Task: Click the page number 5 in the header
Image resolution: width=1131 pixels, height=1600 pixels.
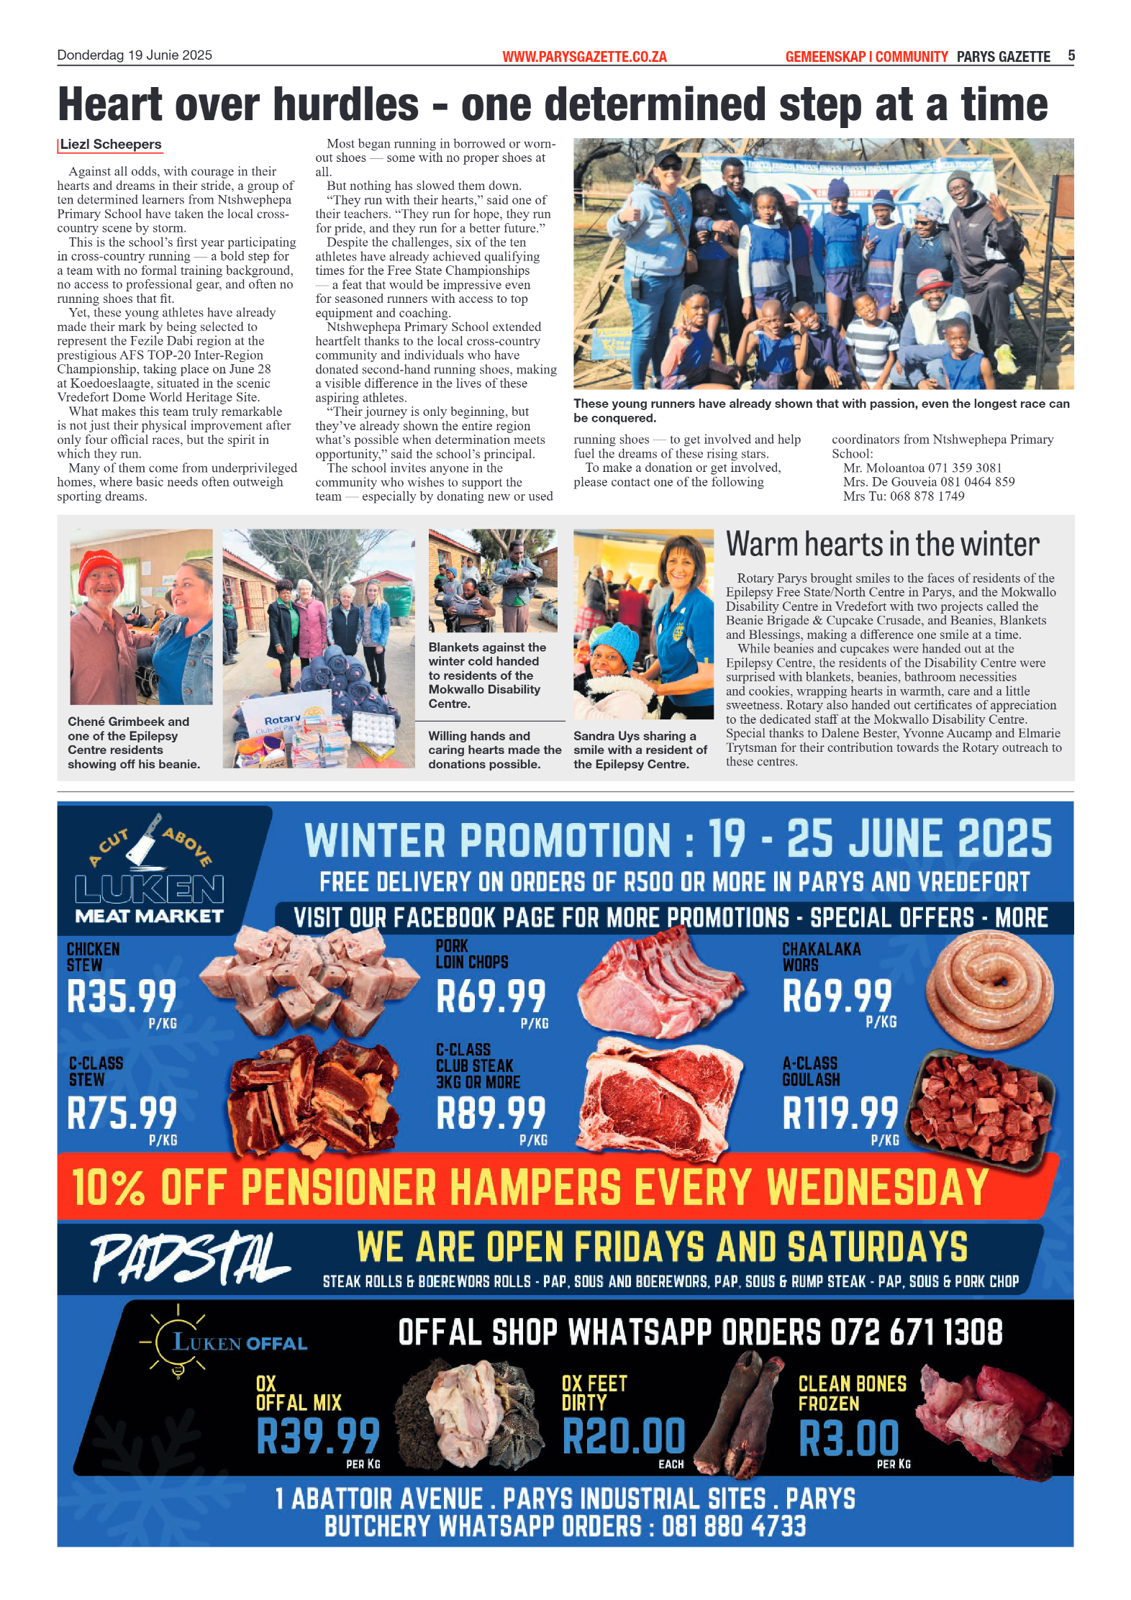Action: point(1071,55)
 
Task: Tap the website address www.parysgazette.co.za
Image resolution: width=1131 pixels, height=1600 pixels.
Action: point(584,57)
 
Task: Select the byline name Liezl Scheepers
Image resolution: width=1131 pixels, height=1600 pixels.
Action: point(111,145)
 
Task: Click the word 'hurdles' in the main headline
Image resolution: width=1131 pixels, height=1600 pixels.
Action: point(345,105)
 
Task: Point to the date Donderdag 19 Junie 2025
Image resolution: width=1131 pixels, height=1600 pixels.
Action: point(135,55)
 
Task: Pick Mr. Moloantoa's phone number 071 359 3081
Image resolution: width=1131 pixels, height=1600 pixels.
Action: point(958,468)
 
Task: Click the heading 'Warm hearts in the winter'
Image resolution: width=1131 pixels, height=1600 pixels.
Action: point(882,545)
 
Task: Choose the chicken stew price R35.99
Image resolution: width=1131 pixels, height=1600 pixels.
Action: point(122,997)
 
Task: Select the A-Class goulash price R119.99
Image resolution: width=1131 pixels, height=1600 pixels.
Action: point(840,1113)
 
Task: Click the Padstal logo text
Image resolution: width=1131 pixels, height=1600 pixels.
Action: point(188,1258)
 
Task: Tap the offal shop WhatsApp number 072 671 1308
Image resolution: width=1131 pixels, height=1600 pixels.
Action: point(916,1332)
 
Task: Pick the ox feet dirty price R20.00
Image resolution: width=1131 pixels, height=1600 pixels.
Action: point(624,1436)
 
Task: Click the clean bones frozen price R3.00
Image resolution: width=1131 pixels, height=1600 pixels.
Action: point(849,1438)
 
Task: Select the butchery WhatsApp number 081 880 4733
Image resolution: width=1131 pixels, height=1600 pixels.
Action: point(734,1526)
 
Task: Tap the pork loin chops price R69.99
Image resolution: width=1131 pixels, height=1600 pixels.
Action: point(491,997)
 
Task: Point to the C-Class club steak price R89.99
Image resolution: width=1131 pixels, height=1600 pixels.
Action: point(491,1113)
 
